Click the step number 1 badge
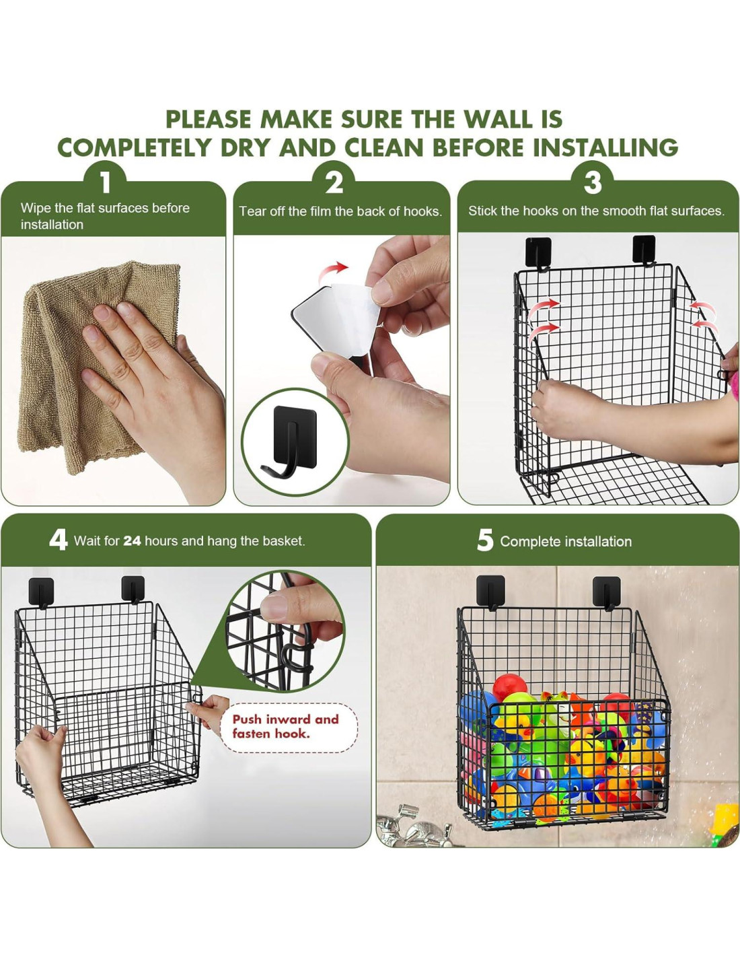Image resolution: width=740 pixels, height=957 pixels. pyautogui.click(x=105, y=182)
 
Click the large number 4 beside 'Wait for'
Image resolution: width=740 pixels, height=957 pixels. pyautogui.click(x=59, y=540)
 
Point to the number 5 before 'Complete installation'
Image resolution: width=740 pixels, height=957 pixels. pyautogui.click(x=485, y=541)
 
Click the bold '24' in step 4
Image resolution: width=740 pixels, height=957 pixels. pyautogui.click(x=132, y=541)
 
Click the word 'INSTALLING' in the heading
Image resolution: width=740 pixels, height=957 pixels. pyautogui.click(x=605, y=147)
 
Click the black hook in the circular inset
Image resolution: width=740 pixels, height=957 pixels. pyautogui.click(x=293, y=441)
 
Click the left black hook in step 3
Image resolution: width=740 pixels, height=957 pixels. pyautogui.click(x=538, y=254)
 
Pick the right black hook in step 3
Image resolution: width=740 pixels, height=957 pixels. pyautogui.click(x=644, y=251)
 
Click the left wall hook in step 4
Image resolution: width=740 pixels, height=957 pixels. pyautogui.click(x=42, y=593)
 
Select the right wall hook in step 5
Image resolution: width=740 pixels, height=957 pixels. pyautogui.click(x=606, y=593)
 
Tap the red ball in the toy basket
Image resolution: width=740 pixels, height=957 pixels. pyautogui.click(x=510, y=688)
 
